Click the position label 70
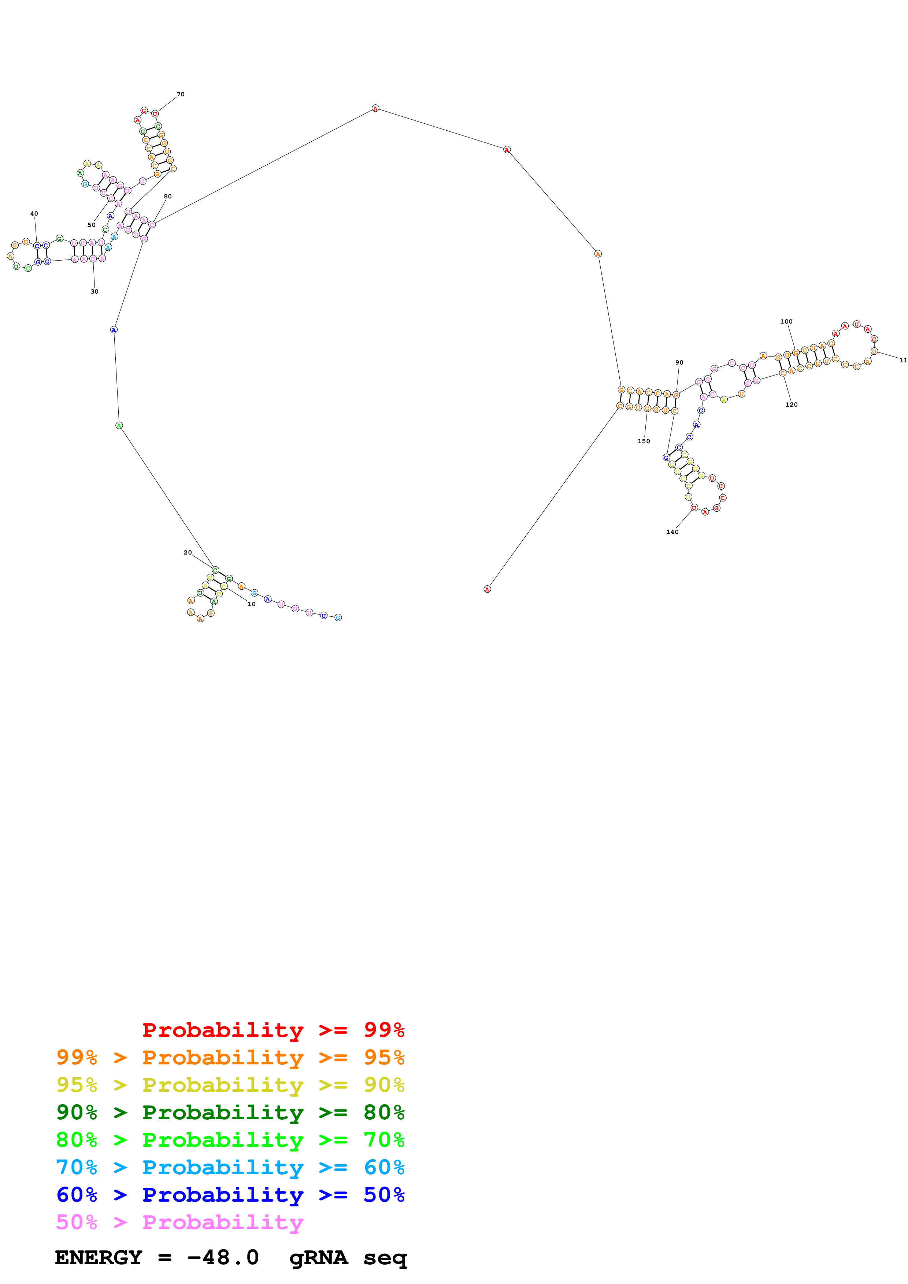tap(180, 94)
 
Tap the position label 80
tap(168, 196)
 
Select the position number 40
tap(34, 214)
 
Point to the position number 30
tap(94, 291)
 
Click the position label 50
tap(91, 225)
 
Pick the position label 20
tap(188, 553)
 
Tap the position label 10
tap(251, 604)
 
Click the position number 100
tap(786, 322)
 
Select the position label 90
tap(679, 362)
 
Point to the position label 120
tap(791, 404)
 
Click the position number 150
tap(644, 441)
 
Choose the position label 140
tap(672, 532)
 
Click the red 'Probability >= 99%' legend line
tap(273, 1030)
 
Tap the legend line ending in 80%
tap(230, 1112)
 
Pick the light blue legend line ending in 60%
tap(230, 1167)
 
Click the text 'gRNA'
tap(318, 1257)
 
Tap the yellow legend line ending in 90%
tap(230, 1085)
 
